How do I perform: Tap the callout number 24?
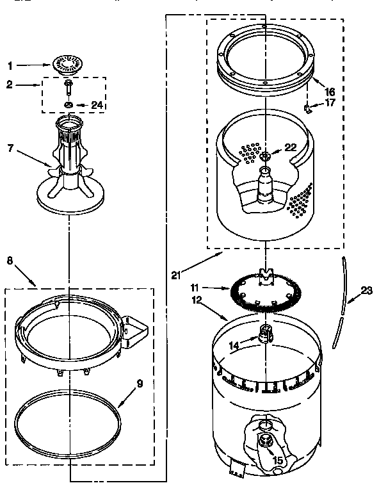pyautogui.click(x=97, y=105)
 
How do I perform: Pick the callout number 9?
pyautogui.click(x=140, y=385)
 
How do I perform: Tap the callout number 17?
pyautogui.click(x=330, y=102)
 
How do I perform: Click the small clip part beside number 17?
pyautogui.click(x=309, y=108)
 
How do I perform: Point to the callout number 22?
pyautogui.click(x=290, y=147)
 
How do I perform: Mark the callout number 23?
pyautogui.click(x=366, y=290)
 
